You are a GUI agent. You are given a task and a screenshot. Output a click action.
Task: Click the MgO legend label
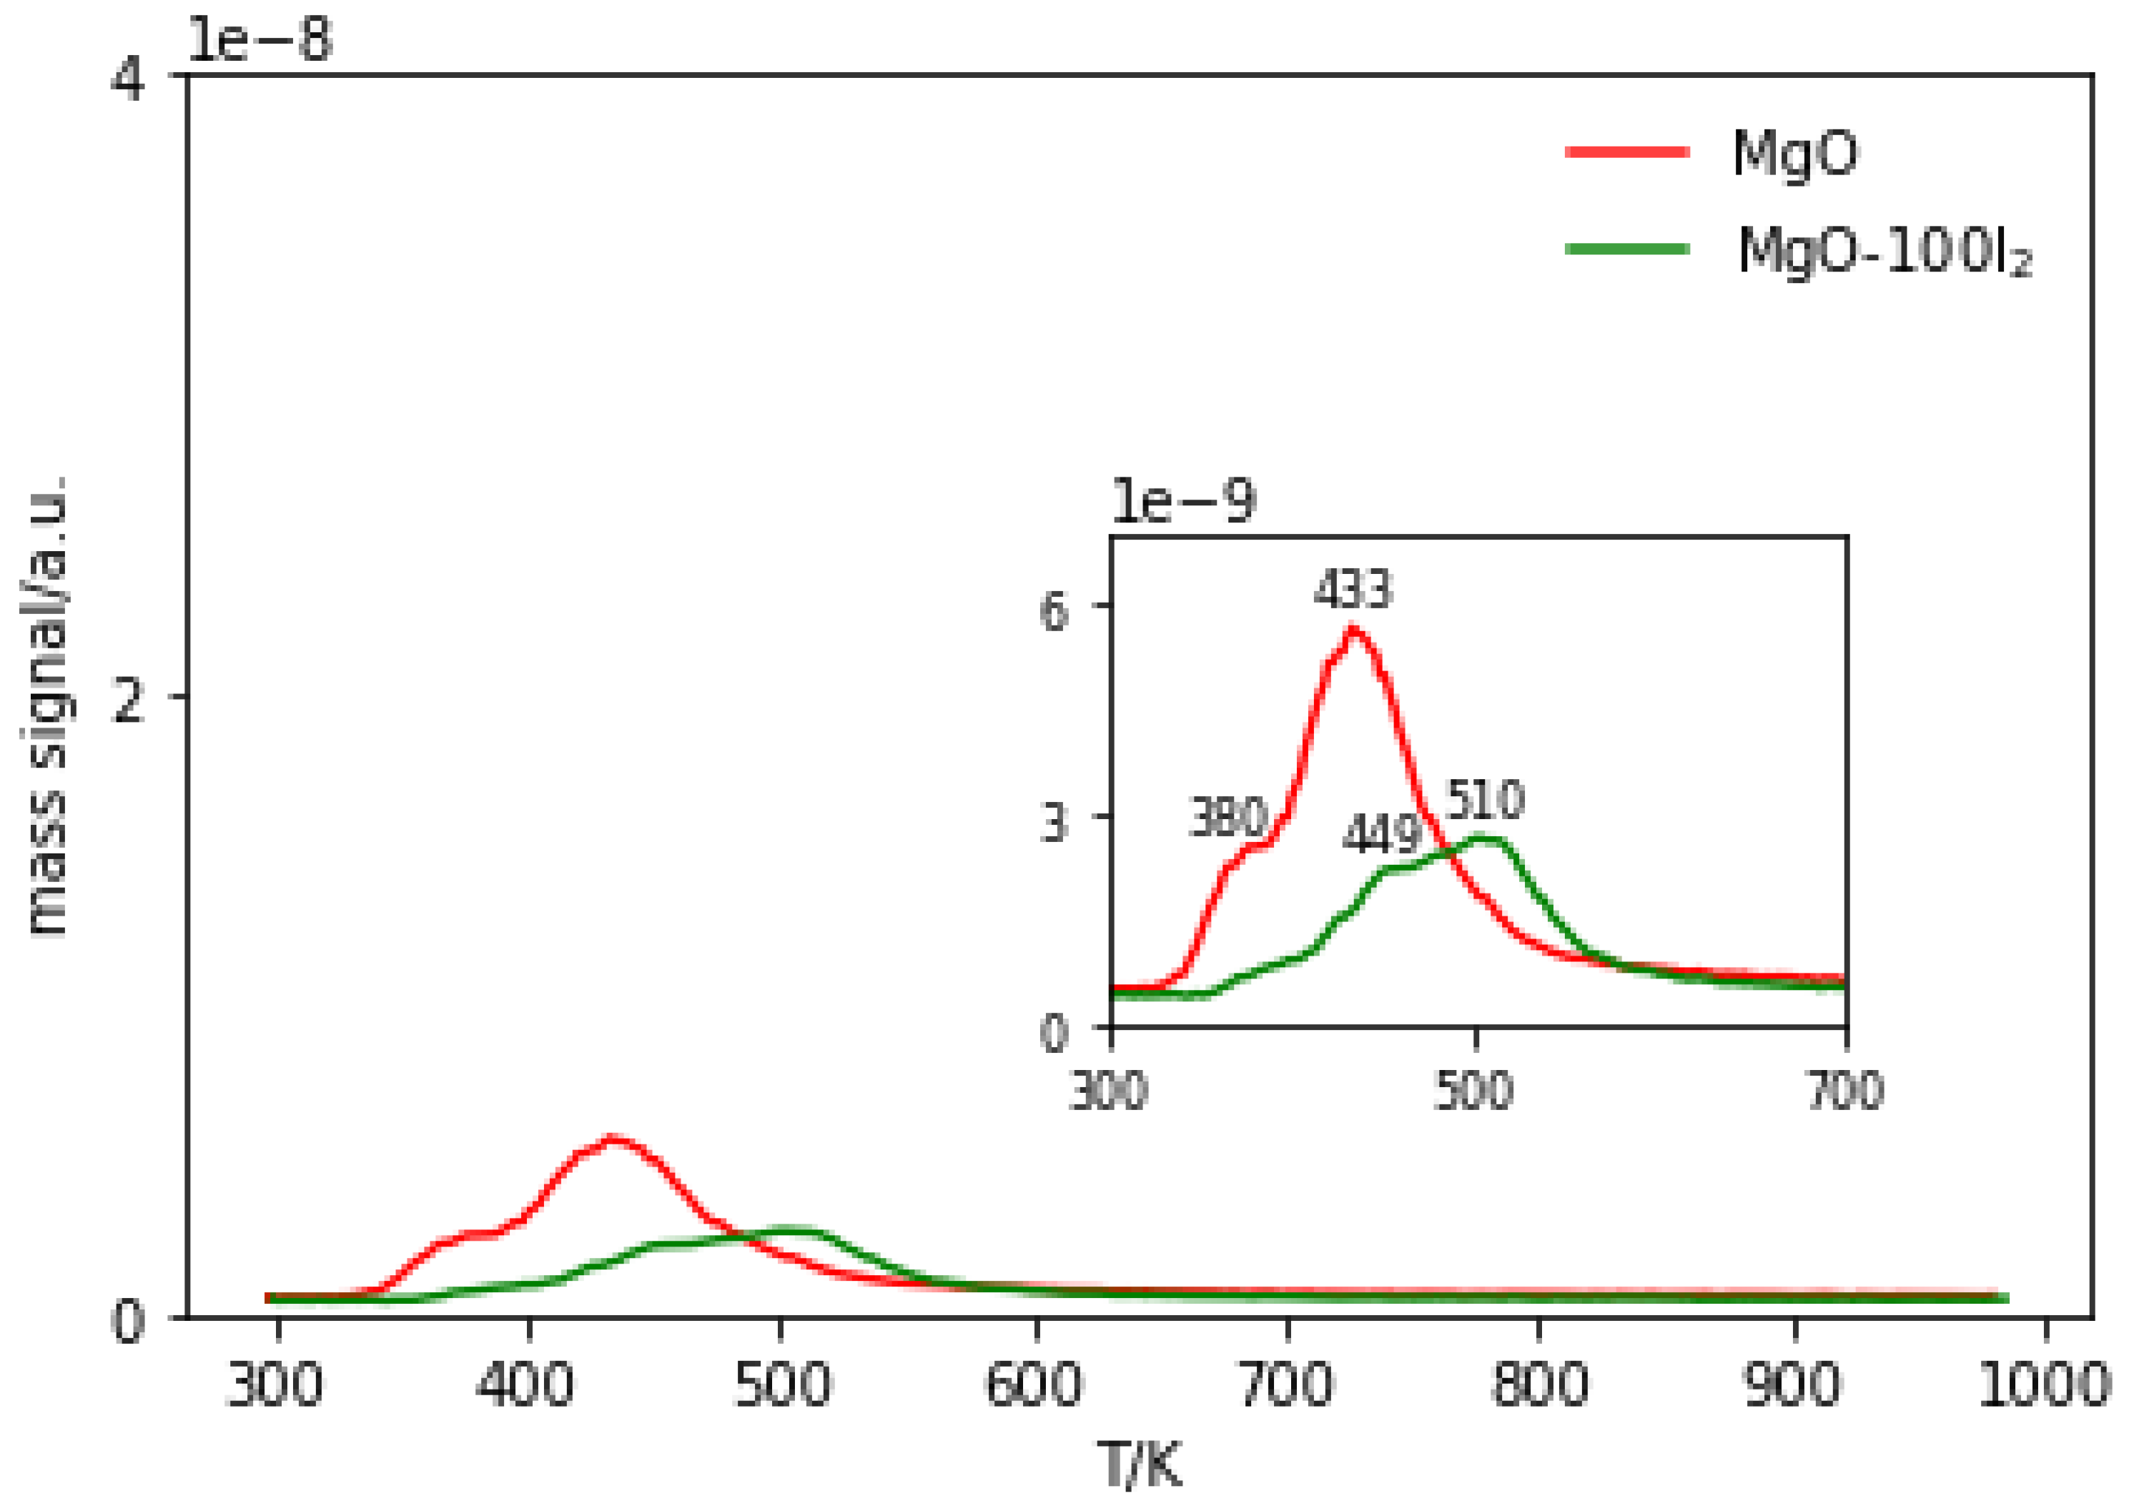tap(1794, 153)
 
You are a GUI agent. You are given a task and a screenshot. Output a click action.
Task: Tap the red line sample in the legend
tap(1626, 152)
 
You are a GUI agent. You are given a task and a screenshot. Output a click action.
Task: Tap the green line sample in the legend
tap(1626, 248)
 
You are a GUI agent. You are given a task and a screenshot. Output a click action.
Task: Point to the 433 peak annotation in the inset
tap(1353, 589)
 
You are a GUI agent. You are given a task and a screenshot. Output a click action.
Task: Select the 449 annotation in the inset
tap(1381, 833)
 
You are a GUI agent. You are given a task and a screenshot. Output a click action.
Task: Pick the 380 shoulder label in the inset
tap(1227, 818)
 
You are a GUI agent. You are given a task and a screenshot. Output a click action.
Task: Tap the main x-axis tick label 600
tap(1034, 1385)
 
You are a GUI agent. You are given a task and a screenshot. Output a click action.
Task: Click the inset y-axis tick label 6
tap(1055, 611)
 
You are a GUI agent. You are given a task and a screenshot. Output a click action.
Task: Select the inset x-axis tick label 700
tap(1846, 1091)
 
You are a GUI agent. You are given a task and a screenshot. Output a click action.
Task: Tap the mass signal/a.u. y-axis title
tap(46, 706)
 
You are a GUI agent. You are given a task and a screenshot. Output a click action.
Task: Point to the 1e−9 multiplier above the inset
tap(1183, 502)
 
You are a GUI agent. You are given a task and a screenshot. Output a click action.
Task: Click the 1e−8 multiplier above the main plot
tap(260, 41)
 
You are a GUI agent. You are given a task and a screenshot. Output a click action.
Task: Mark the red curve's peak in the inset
tap(1353, 631)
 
